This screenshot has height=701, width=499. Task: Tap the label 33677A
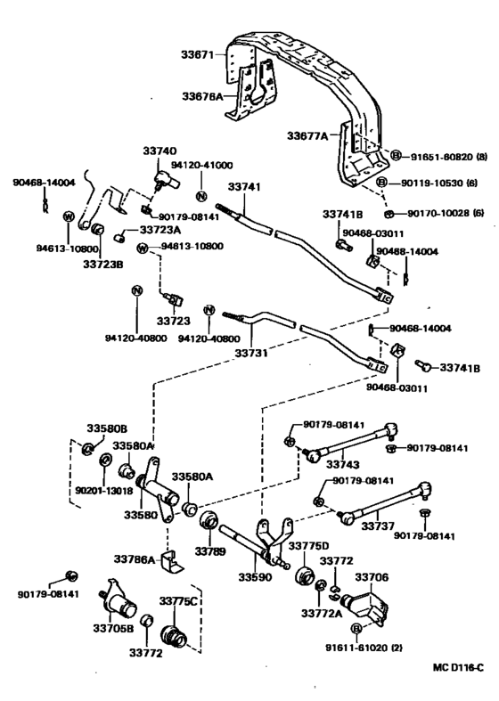tap(307, 136)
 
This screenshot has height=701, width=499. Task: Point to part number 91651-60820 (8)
tap(448, 156)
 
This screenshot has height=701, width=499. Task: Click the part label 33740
tap(162, 152)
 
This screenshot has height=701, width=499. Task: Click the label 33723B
tap(102, 265)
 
